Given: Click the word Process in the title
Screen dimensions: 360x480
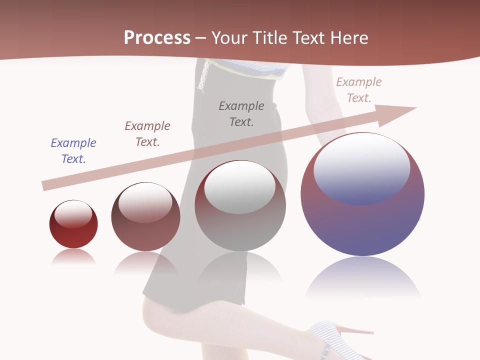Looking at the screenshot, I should [157, 37].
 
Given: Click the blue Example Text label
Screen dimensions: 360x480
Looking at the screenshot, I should [73, 150].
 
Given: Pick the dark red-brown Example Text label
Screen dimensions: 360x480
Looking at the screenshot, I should [147, 133].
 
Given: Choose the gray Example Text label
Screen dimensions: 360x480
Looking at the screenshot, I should [241, 113].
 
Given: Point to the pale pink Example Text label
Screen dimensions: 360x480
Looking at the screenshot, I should [358, 90].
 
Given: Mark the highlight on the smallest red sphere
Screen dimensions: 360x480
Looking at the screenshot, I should [73, 214].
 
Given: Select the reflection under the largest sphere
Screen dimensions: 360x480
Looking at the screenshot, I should [362, 277].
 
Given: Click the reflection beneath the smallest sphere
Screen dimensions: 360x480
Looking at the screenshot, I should [73, 257].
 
